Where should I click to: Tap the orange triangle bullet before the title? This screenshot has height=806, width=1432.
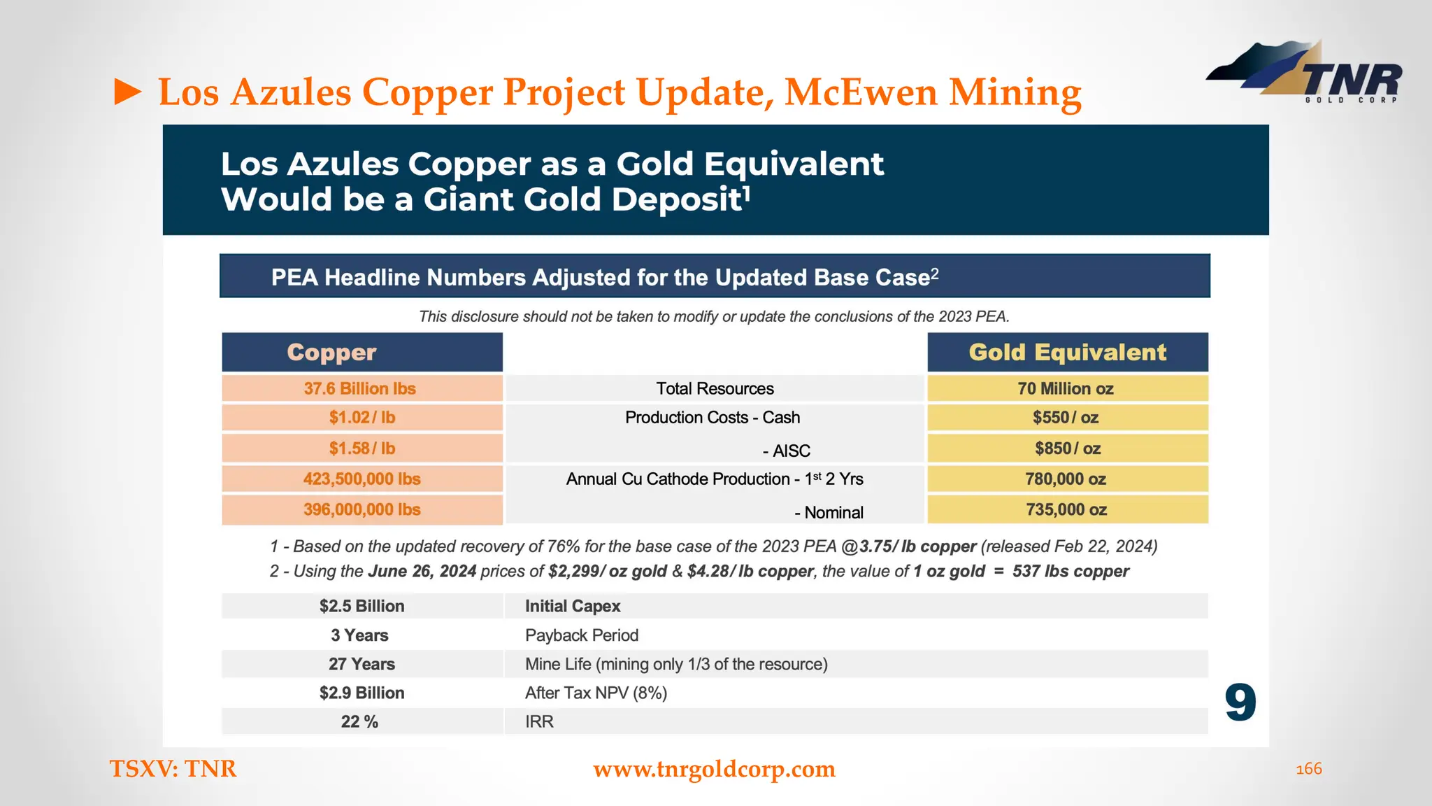[127, 92]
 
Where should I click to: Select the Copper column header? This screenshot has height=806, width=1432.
[361, 352]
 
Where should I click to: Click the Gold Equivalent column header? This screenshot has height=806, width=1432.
[1067, 352]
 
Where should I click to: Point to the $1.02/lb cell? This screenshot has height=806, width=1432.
[362, 418]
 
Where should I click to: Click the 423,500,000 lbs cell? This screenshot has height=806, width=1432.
[361, 479]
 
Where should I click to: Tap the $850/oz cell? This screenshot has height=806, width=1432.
[1067, 448]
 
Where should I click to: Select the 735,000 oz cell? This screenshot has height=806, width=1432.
[1066, 509]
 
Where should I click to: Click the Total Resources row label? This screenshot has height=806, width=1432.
[715, 388]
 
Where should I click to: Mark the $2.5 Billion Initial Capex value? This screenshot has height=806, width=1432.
[361, 606]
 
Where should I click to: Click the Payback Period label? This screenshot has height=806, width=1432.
[582, 635]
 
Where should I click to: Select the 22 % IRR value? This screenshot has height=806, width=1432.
[359, 721]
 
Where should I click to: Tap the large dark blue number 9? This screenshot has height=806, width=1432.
[1240, 702]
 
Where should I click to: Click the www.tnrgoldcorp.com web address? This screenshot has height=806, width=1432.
[714, 769]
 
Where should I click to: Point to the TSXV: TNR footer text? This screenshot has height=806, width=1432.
[173, 769]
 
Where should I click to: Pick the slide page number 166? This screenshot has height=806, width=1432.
[1308, 769]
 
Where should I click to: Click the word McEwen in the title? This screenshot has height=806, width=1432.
[861, 92]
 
